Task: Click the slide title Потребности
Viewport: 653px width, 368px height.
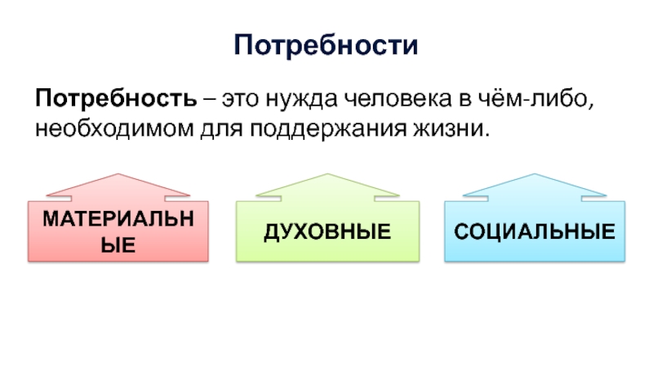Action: click(x=326, y=45)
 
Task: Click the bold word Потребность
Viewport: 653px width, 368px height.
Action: click(x=116, y=99)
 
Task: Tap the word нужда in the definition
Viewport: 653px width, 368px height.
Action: click(x=301, y=100)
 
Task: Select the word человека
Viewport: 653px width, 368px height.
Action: click(x=398, y=99)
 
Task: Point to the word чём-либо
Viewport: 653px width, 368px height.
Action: click(x=535, y=98)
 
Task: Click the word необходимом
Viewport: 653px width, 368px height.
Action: click(x=114, y=129)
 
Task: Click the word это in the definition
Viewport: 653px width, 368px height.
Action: click(x=240, y=100)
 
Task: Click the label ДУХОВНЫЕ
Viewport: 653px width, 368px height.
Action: click(x=328, y=232)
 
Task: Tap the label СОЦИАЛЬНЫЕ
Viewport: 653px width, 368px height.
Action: click(x=535, y=231)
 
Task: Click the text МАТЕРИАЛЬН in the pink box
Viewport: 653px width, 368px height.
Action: click(x=118, y=218)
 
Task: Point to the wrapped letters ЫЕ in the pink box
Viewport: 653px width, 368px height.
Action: click(x=118, y=245)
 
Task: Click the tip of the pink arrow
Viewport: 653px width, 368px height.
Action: click(x=118, y=174)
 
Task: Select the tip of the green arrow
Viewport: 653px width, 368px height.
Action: click(x=327, y=174)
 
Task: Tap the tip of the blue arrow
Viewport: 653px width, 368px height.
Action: click(x=535, y=174)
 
